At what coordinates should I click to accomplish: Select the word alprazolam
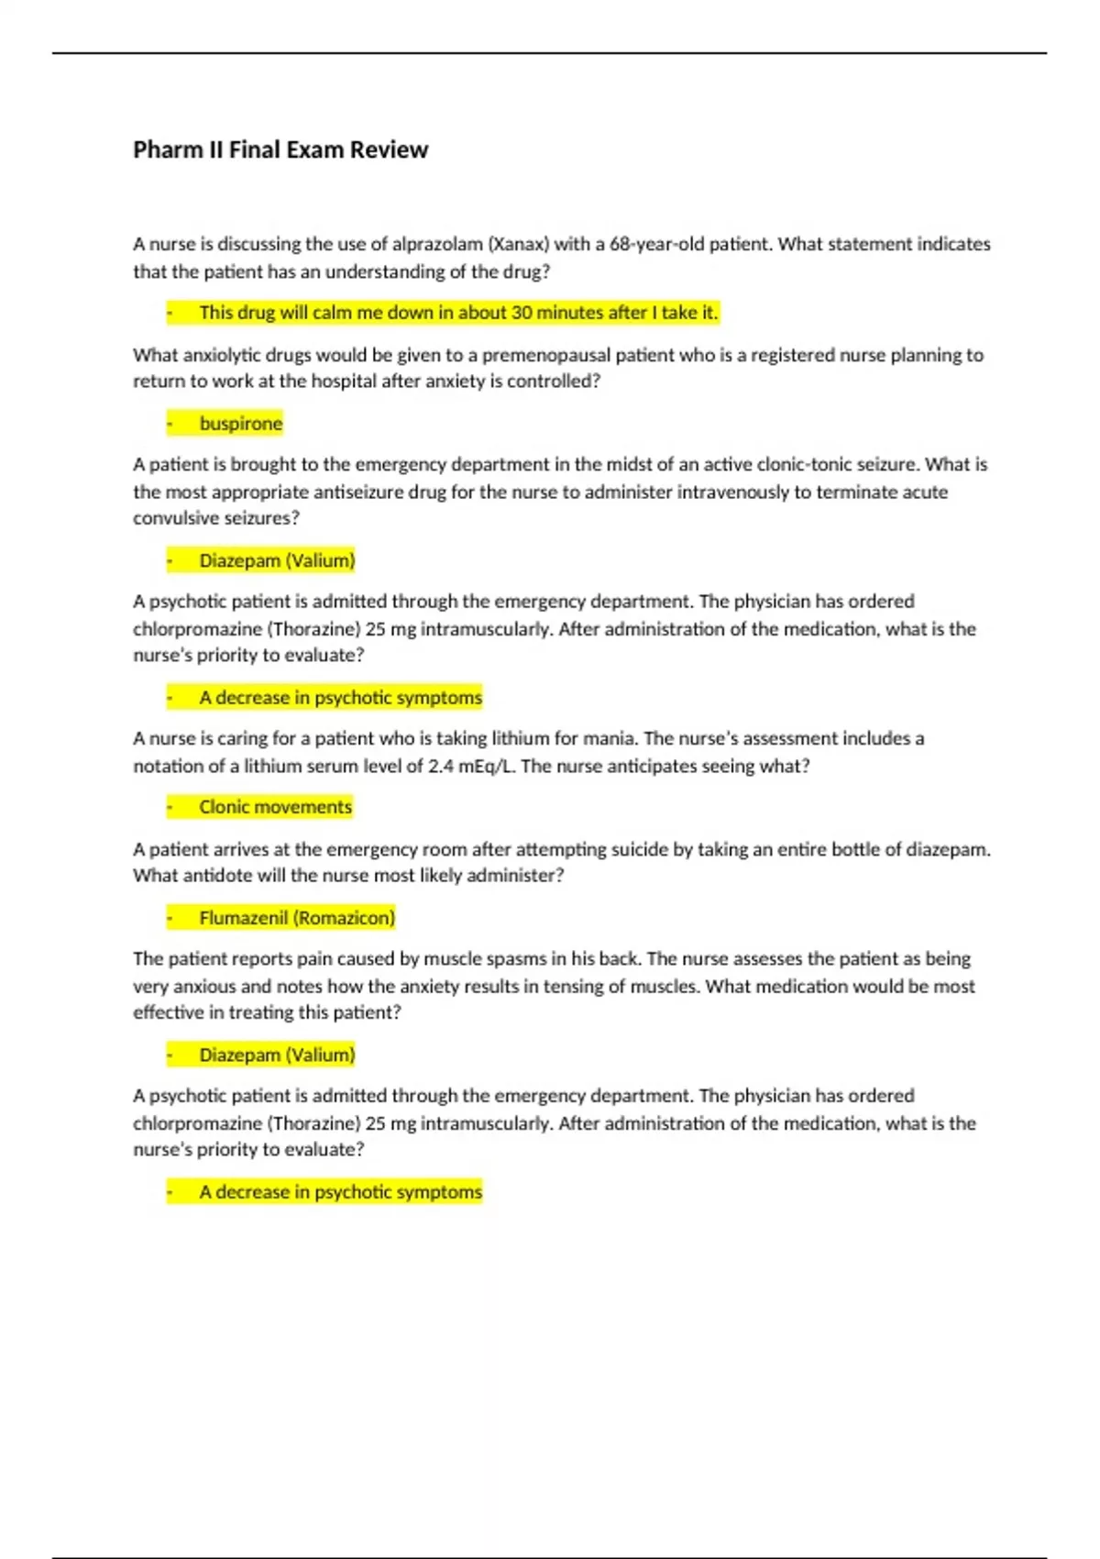point(437,244)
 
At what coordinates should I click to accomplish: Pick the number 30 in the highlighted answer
point(522,313)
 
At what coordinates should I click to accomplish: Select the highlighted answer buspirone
point(241,424)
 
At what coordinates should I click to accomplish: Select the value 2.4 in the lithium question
point(441,766)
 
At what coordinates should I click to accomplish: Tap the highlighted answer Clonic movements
point(275,807)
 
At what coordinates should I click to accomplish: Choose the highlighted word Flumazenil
point(243,918)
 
